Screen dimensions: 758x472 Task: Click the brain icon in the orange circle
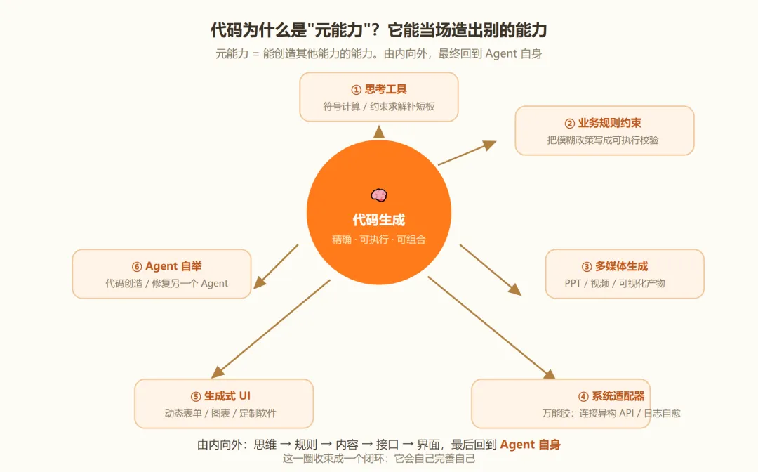[379, 195]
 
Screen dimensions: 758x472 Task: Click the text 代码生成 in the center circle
[379, 220]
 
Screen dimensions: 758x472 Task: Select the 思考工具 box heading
[386, 89]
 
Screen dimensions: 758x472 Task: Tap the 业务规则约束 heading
[610, 124]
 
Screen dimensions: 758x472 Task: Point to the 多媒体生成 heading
[621, 266]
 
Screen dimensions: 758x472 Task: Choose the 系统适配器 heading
[618, 397]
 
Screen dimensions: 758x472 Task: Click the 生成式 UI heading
[227, 396]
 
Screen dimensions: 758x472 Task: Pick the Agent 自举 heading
[173, 266]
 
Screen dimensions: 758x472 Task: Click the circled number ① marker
[357, 90]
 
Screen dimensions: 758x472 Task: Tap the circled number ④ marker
[583, 397]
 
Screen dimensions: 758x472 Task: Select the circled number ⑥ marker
[137, 267]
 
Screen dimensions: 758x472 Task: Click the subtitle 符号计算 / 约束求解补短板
[379, 106]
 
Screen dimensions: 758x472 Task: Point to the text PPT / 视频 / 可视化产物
[615, 283]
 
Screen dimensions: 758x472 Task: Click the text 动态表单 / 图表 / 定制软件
[220, 414]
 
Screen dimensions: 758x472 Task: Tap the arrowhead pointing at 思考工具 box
[379, 131]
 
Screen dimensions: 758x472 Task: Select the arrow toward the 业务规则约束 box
[467, 153]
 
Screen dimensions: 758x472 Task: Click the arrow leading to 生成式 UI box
[271, 329]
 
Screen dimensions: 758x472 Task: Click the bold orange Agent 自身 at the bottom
[531, 445]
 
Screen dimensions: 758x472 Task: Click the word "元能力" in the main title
[338, 30]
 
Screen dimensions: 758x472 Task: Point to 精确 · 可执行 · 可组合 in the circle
[379, 240]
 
